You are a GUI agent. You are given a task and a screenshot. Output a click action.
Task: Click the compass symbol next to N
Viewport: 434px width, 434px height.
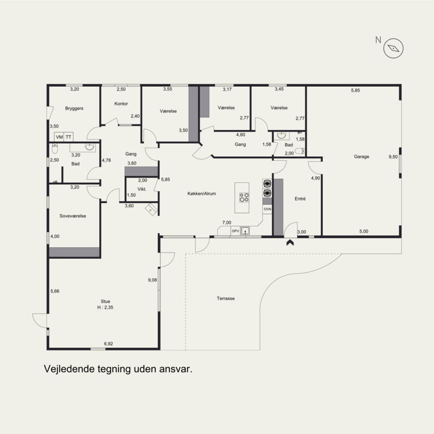pos(393,48)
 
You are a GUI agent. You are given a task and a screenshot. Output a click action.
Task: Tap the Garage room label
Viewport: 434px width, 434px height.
pos(361,157)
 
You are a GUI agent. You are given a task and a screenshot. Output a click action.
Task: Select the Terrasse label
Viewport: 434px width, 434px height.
pos(226,298)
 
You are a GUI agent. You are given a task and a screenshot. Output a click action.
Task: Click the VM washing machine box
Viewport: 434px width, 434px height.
pos(59,137)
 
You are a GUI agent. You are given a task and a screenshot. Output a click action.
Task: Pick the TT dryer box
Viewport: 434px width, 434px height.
pos(68,137)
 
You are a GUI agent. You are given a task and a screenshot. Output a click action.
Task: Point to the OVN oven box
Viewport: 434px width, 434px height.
pos(267,209)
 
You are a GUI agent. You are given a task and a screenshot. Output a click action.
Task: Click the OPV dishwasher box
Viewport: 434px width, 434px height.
pos(235,231)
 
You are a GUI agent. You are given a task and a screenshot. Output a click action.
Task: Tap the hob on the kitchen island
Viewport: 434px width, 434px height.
pos(244,197)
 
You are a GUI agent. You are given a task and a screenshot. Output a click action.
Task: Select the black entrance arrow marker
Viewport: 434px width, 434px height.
pos(290,242)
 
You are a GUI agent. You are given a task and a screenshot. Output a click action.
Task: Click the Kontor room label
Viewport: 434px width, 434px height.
pos(121,104)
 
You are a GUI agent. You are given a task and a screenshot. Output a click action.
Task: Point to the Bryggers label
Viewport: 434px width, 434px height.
pos(74,108)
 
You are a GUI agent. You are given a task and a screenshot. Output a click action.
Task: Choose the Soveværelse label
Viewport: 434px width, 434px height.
pos(73,216)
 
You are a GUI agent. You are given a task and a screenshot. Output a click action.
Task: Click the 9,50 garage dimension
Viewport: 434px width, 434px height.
pos(393,157)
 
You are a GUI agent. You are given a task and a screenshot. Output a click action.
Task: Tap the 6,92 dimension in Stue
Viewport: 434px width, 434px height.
pos(108,344)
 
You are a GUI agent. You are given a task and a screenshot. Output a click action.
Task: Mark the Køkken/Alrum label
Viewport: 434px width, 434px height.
pos(201,194)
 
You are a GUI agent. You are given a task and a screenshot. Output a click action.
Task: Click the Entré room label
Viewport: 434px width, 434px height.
pos(300,199)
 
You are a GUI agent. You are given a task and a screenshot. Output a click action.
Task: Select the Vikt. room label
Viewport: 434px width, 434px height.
pos(142,189)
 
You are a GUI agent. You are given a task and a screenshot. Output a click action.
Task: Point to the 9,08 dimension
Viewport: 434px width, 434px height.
pos(152,280)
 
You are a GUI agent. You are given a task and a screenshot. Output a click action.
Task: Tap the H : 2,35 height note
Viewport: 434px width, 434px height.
pos(105,308)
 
